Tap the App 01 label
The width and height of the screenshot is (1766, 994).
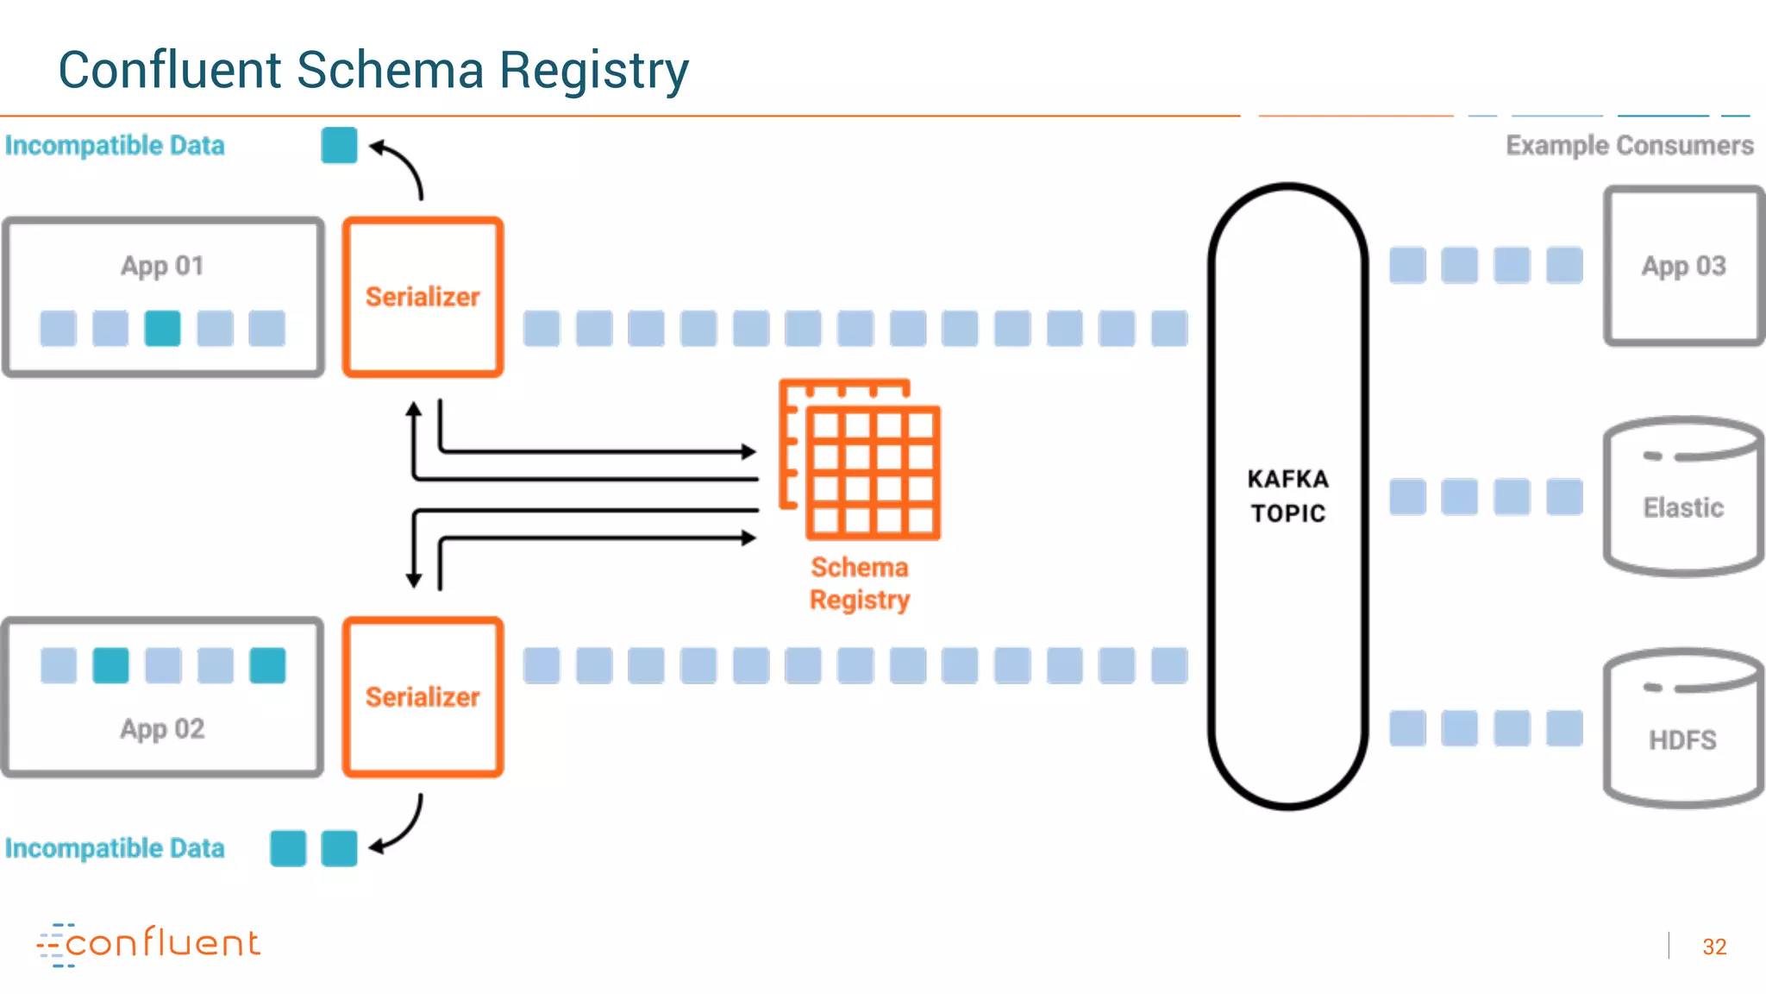pyautogui.click(x=162, y=266)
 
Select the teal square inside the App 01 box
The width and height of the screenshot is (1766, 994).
pyautogui.click(x=162, y=329)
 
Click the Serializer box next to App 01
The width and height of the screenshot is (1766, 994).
pyautogui.click(x=423, y=297)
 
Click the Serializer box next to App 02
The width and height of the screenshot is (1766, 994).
pyautogui.click(x=423, y=696)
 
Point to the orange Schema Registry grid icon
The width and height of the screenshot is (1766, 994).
pyautogui.click(x=861, y=460)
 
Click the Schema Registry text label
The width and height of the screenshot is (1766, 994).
pyautogui.click(x=860, y=583)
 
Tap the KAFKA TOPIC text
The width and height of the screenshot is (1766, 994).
pyautogui.click(x=1288, y=496)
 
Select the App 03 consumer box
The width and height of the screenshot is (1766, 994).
pyautogui.click(x=1683, y=266)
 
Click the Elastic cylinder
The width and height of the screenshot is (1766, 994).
pyautogui.click(x=1683, y=499)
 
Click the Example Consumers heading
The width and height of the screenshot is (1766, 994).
pyautogui.click(x=1629, y=145)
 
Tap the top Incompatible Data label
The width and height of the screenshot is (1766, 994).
pyautogui.click(x=115, y=145)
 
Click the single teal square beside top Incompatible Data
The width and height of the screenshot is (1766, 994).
pyautogui.click(x=339, y=145)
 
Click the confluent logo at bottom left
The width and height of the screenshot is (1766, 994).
pyautogui.click(x=148, y=944)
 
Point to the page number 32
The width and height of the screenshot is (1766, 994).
pyautogui.click(x=1714, y=947)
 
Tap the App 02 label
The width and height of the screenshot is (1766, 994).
pyautogui.click(x=162, y=729)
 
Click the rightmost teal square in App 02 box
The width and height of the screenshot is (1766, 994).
pyautogui.click(x=267, y=665)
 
